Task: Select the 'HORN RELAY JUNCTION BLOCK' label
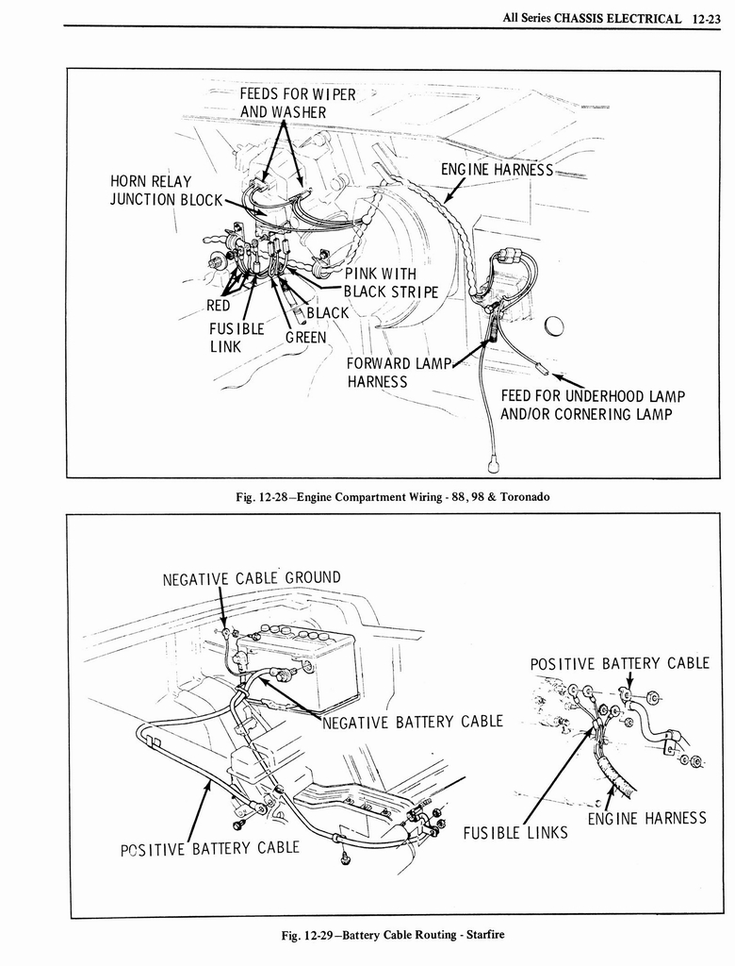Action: [166, 190]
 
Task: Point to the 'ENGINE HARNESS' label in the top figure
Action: [497, 170]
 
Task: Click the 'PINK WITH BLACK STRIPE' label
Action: [391, 282]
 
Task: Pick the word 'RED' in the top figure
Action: [219, 305]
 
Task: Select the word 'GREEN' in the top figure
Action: [305, 337]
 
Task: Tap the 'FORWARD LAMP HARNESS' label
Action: [390, 372]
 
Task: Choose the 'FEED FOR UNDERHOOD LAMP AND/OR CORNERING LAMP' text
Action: [592, 405]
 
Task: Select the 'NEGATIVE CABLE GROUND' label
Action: [252, 577]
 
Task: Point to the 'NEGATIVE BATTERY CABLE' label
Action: [413, 722]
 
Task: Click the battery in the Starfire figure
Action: [296, 666]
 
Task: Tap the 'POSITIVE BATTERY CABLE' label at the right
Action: [619, 663]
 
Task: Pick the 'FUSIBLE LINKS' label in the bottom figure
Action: [515, 832]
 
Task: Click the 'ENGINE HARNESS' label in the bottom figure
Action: [646, 818]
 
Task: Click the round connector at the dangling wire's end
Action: [493, 465]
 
